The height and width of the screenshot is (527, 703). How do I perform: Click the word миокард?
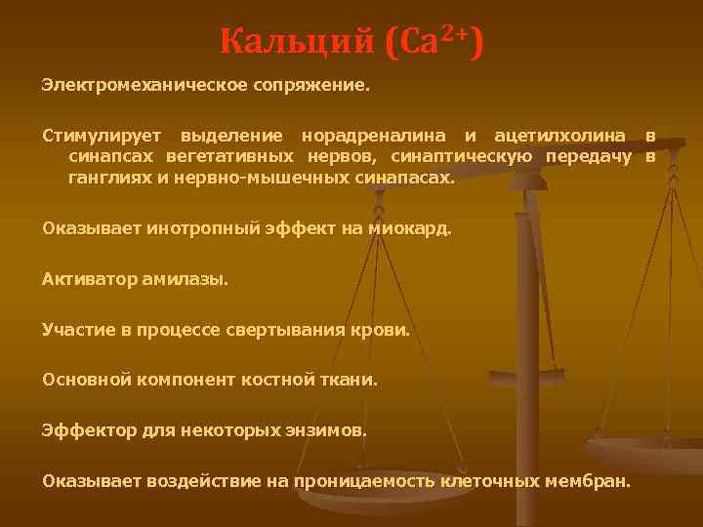point(411,229)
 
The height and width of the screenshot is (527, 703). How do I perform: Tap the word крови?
point(384,330)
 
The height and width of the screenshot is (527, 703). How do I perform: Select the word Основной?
point(81,380)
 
